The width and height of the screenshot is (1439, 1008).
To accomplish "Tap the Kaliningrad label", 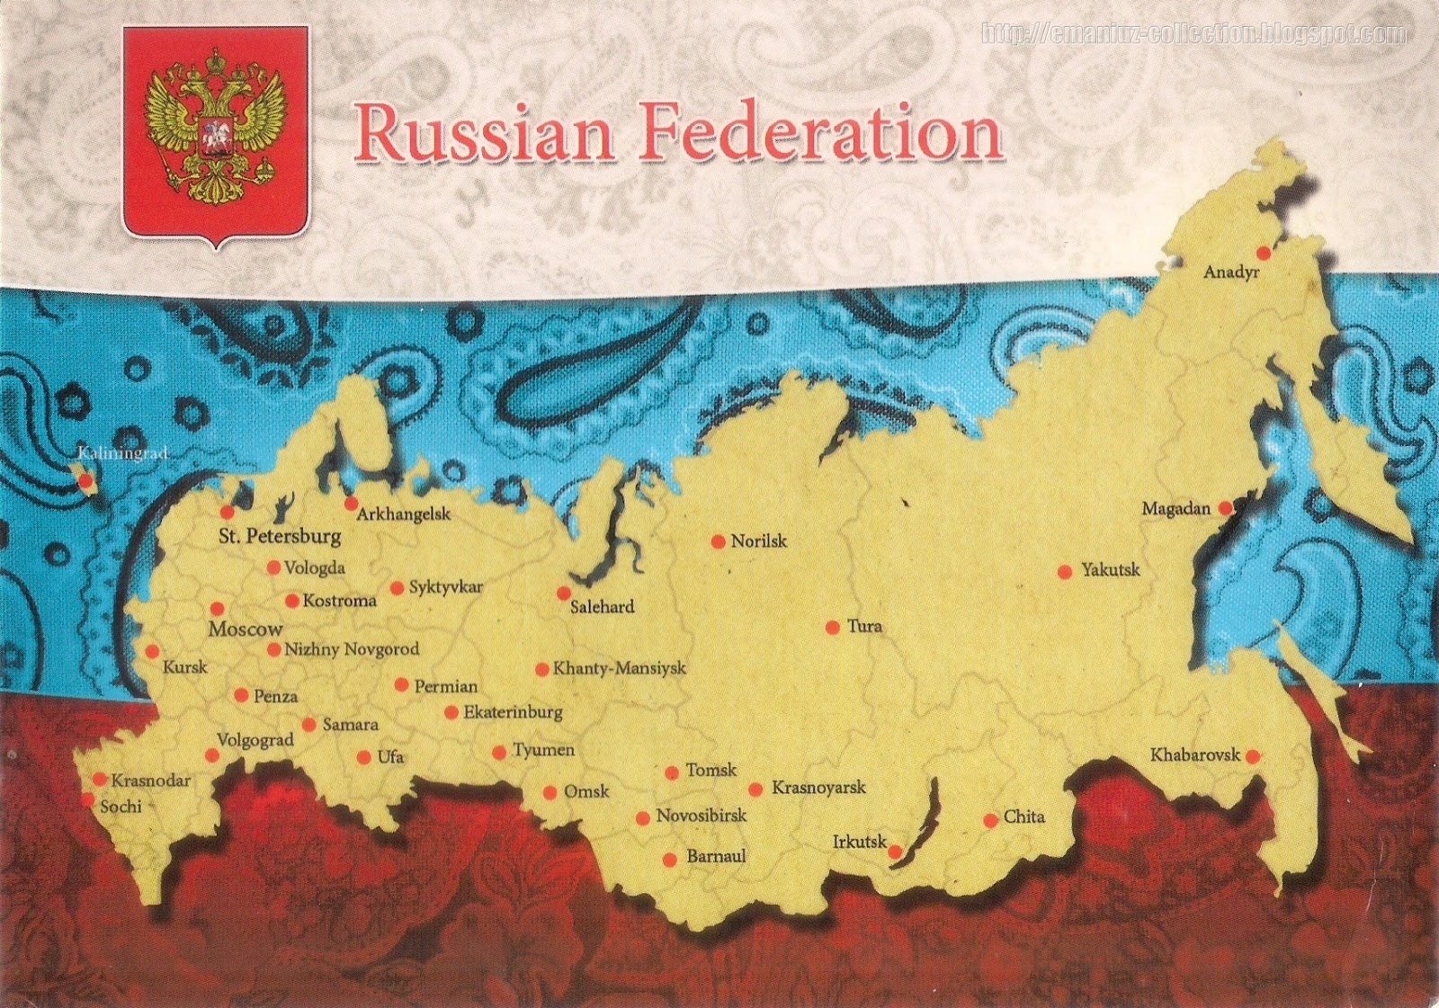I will pos(122,453).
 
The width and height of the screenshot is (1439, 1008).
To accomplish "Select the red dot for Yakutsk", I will pos(1065,572).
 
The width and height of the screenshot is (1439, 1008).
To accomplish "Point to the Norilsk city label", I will pos(758,541).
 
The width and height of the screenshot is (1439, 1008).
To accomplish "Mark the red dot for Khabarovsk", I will pos(1251,757).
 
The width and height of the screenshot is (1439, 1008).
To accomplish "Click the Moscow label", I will pos(245,629).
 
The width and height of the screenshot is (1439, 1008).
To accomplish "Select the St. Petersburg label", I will pos(280,537).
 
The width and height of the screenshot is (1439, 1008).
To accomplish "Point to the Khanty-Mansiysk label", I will pos(619,668).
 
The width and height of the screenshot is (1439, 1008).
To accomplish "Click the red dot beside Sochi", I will pos(87,798).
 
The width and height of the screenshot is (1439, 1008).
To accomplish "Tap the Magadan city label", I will pos(1175,509).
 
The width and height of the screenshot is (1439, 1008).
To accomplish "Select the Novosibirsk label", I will pos(701,816).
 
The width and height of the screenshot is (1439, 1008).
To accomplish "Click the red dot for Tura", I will pos(833,627).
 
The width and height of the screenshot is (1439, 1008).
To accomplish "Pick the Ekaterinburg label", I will pos(513,712).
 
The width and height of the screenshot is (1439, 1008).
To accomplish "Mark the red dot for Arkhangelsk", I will pos(351,504).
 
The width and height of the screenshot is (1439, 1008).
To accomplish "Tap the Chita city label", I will pos(1023,816).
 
